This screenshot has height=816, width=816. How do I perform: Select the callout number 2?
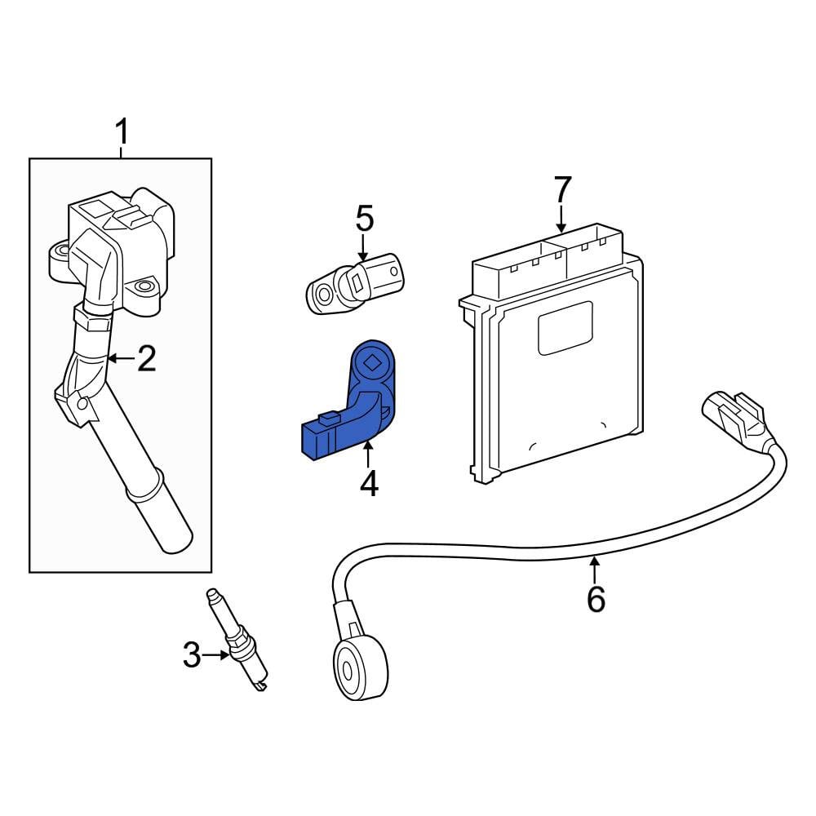(146, 358)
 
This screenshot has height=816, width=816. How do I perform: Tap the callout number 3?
(192, 655)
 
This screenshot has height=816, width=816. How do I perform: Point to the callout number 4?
(369, 484)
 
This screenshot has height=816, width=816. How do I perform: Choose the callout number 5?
(364, 218)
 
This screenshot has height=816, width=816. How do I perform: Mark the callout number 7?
(562, 189)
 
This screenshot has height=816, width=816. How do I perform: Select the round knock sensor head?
(361, 669)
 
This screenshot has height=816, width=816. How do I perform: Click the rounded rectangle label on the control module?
(565, 328)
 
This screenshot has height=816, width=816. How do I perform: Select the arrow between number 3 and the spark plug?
(215, 655)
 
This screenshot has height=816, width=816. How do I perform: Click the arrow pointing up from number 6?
(594, 570)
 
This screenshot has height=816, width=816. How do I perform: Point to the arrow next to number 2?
(122, 358)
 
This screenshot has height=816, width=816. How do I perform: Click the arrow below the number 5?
(363, 247)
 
